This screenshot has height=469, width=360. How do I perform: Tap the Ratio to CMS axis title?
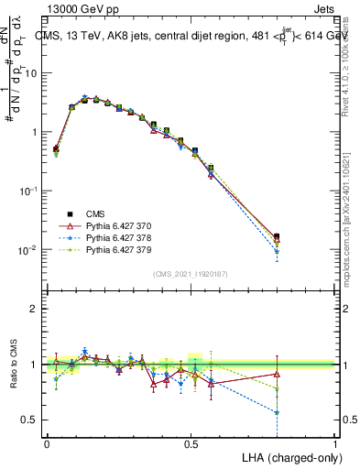13,363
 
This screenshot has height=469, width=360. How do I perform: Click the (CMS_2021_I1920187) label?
190,274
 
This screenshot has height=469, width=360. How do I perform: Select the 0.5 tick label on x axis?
191,443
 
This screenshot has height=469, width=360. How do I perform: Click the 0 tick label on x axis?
47,443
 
